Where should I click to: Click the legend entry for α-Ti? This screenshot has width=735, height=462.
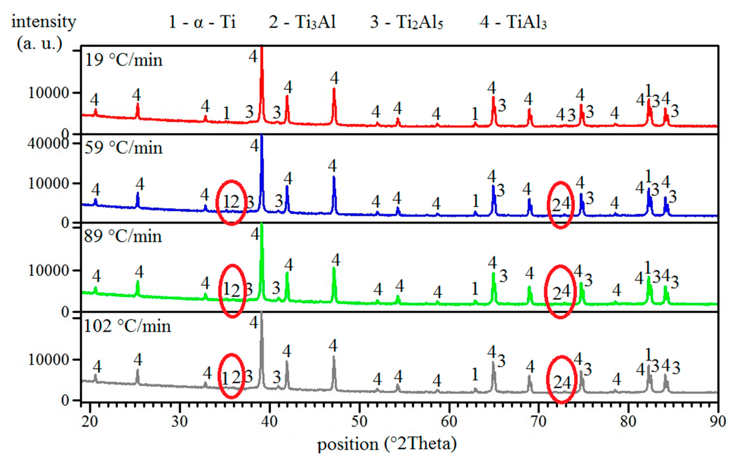click(x=202, y=22)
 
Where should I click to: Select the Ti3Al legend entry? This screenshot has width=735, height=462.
click(x=302, y=22)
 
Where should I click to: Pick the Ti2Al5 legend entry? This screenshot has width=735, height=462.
click(x=406, y=22)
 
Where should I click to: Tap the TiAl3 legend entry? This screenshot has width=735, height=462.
click(x=513, y=22)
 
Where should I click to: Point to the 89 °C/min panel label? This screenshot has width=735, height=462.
click(x=123, y=236)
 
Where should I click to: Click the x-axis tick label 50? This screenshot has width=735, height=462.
click(x=359, y=421)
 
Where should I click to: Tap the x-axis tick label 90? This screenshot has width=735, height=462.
click(x=717, y=421)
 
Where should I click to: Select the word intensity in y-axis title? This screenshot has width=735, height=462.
click(x=44, y=22)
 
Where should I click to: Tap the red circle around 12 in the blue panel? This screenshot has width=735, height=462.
click(x=231, y=203)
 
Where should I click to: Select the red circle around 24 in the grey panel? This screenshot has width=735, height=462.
click(x=561, y=379)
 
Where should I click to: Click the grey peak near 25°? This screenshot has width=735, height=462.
click(x=137, y=374)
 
